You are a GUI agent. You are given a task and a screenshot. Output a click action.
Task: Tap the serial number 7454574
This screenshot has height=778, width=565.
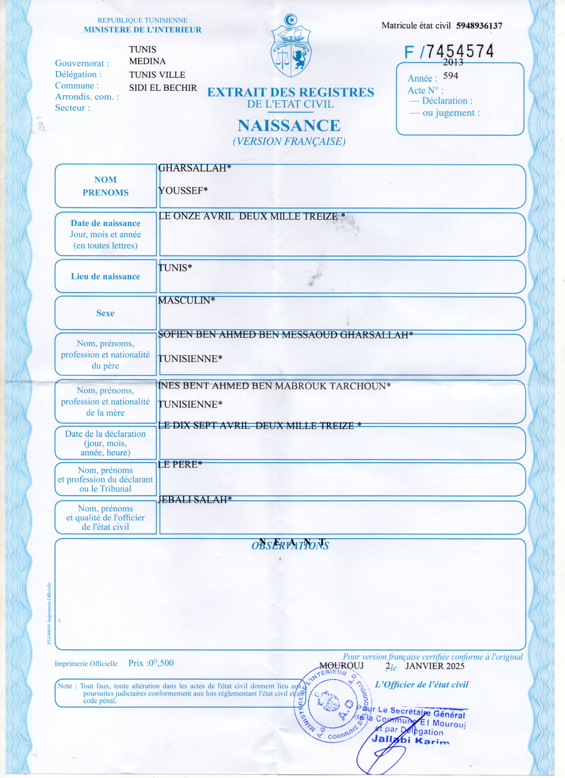459,51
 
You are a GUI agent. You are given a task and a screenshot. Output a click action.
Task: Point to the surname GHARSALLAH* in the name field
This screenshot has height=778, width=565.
194,168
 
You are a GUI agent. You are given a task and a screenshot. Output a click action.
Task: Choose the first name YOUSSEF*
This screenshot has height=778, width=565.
183,191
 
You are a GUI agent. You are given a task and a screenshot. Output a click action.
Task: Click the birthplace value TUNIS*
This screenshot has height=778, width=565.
175,268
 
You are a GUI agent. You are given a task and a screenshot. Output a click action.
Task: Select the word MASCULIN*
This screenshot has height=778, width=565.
187,300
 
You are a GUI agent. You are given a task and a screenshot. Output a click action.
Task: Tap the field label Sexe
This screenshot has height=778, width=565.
105,313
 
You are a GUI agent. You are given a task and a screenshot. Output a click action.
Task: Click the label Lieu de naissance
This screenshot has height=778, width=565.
105,276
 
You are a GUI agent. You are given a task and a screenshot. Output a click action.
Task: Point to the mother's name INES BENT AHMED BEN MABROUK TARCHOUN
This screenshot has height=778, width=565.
274,386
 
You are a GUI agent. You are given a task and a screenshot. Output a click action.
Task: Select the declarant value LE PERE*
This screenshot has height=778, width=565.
180,464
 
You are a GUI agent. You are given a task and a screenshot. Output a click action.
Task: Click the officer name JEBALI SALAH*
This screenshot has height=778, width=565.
194,500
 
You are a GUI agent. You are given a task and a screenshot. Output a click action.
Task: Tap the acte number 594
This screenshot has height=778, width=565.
450,76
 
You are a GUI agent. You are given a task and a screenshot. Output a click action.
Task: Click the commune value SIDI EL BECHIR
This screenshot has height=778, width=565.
163,88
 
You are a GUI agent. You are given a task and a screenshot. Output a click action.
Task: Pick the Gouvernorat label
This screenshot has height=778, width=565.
82,63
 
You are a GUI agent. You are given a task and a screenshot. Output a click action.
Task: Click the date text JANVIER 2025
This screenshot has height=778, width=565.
435,666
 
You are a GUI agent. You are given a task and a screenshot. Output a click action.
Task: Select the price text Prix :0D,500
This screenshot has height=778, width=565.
151,663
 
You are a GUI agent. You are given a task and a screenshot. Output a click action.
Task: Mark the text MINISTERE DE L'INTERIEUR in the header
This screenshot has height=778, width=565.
143,30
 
